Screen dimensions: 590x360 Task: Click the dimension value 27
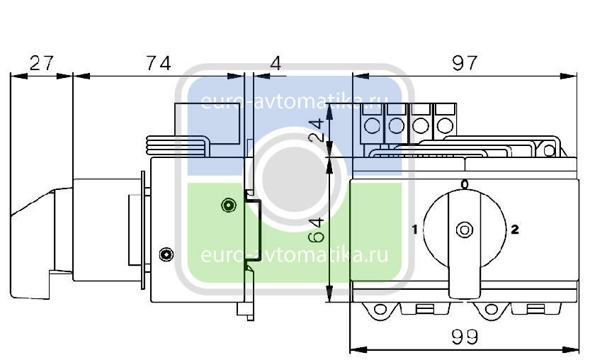pyautogui.click(x=41, y=63)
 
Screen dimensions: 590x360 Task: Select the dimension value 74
pyautogui.click(x=159, y=63)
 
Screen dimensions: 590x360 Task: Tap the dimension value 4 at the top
pyautogui.click(x=276, y=63)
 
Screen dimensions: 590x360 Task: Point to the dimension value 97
pyautogui.click(x=465, y=63)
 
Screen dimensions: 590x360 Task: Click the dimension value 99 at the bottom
pyautogui.click(x=465, y=337)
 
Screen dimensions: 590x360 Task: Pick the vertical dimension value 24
pyautogui.click(x=317, y=130)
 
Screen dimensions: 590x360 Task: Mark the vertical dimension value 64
pyautogui.click(x=317, y=230)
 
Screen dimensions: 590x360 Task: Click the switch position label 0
pyautogui.click(x=465, y=184)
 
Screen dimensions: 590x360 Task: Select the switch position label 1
pyautogui.click(x=414, y=230)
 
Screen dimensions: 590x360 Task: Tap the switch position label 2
pyautogui.click(x=515, y=230)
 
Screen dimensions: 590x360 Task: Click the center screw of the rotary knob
pyautogui.click(x=465, y=230)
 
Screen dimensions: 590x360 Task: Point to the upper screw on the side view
pyautogui.click(x=228, y=206)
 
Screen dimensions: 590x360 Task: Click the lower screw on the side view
pyautogui.click(x=166, y=254)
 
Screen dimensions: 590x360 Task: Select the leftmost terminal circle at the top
pyautogui.click(x=372, y=125)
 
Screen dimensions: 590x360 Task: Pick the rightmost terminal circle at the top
pyautogui.click(x=445, y=125)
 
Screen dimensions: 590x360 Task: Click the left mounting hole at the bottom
pyautogui.click(x=380, y=310)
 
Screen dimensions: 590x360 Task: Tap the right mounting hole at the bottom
pyautogui.click(x=491, y=310)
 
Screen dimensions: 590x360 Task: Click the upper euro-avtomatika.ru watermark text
pyautogui.click(x=294, y=101)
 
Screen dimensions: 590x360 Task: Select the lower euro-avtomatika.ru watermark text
pyautogui.click(x=294, y=255)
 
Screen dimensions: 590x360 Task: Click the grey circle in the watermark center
pyautogui.click(x=295, y=179)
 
